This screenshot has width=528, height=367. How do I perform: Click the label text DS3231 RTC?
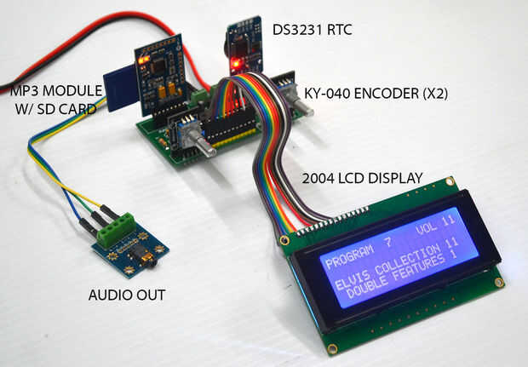[312, 31]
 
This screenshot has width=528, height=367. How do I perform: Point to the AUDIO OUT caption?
[127, 295]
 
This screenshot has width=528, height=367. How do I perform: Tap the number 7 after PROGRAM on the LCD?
[388, 244]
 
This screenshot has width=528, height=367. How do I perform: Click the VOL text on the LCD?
[428, 230]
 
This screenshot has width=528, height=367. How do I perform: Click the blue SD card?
[117, 88]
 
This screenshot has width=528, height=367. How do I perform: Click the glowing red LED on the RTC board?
[233, 64]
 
